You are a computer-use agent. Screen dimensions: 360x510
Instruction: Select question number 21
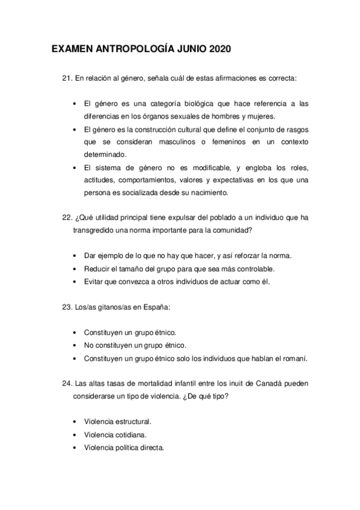pos(67,78)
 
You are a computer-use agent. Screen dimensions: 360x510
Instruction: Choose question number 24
pos(67,383)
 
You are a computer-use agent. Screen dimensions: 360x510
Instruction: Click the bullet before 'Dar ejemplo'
pos(74,256)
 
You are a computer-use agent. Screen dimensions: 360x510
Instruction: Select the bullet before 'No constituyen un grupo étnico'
pos(74,345)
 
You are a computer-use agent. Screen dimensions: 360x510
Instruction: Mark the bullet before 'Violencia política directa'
pos(74,447)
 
